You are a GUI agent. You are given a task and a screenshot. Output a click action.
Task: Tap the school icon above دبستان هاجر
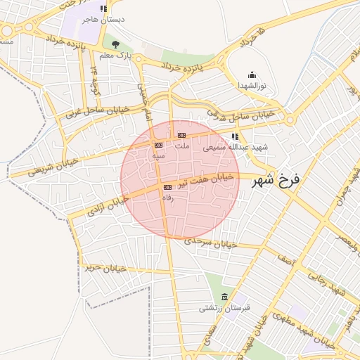click(103, 9)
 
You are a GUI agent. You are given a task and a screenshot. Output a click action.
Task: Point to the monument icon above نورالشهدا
click(252, 75)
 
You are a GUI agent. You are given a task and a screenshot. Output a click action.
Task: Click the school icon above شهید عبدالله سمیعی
click(234, 137)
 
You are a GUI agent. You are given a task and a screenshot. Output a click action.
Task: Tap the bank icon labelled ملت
click(181, 135)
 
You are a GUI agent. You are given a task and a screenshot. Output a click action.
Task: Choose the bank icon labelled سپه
click(157, 145)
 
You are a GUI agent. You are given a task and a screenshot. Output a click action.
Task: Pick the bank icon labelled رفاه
click(167, 188)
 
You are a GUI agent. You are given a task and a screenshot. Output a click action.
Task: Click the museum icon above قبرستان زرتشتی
click(224, 297)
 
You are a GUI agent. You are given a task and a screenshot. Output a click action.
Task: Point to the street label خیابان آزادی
click(106, 206)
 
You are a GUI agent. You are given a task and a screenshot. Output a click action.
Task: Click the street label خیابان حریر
click(99, 268)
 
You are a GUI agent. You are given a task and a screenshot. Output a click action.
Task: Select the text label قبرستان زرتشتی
click(221, 308)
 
